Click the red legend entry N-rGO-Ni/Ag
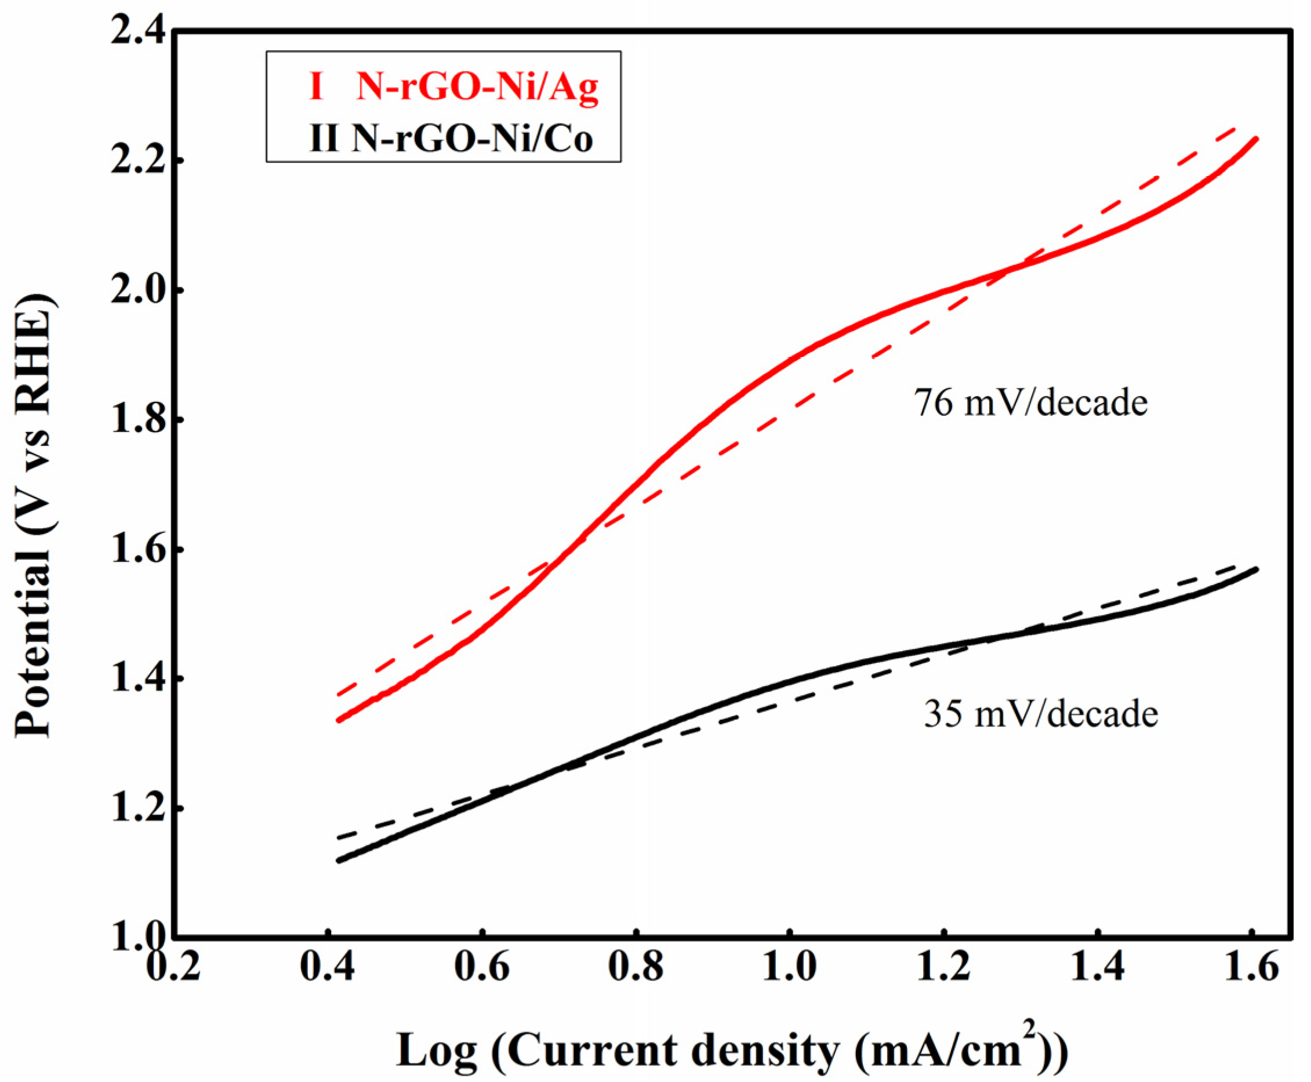(453, 85)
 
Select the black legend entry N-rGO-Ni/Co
(451, 138)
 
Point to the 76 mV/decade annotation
(1030, 402)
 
